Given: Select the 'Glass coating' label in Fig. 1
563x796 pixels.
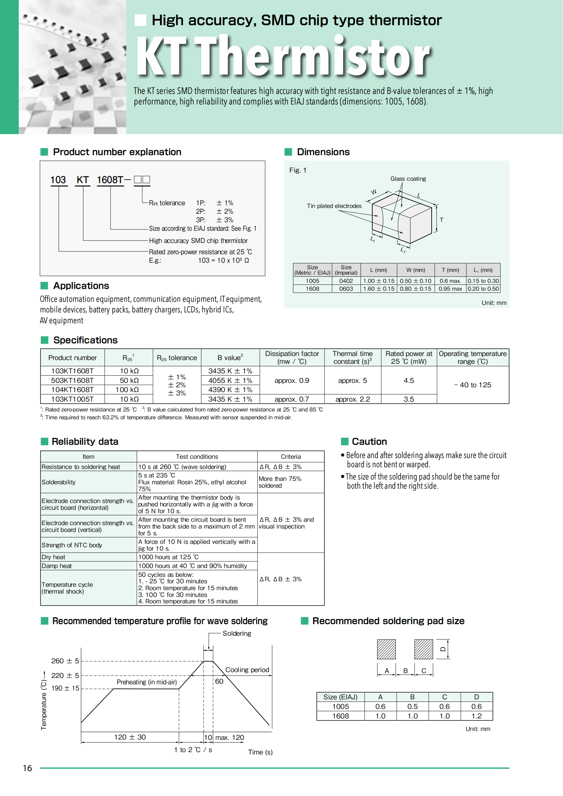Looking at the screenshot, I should point(408,179).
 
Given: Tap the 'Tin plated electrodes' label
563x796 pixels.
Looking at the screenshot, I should point(334,206).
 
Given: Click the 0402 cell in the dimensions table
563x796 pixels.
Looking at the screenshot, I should point(346,281).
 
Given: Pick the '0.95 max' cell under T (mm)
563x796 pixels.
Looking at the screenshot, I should point(450,289).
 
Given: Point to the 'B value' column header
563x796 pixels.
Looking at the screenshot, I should point(230,357).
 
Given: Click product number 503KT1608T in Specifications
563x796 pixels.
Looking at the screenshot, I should point(72,380).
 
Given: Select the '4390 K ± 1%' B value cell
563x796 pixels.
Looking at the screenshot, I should point(230,390).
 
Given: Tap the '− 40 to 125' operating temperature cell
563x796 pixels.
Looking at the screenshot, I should point(472,385).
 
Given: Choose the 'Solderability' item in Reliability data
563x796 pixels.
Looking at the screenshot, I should point(59,482).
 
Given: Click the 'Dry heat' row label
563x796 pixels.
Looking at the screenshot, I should point(53,557).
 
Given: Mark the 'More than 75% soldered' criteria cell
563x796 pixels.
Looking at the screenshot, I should point(280,482).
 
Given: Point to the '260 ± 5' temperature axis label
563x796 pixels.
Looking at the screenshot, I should point(65,661).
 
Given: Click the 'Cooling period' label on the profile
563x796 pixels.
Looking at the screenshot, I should point(247,670).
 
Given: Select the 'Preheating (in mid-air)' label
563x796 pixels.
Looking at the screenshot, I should point(147,682).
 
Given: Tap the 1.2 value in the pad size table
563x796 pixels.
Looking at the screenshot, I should point(476,716).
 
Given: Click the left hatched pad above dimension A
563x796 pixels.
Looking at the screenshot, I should point(386,649).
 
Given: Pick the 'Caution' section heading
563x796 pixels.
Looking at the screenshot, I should point(369,441).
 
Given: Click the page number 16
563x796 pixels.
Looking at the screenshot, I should point(27,768).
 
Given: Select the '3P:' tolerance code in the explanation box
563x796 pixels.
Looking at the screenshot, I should point(200,220).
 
